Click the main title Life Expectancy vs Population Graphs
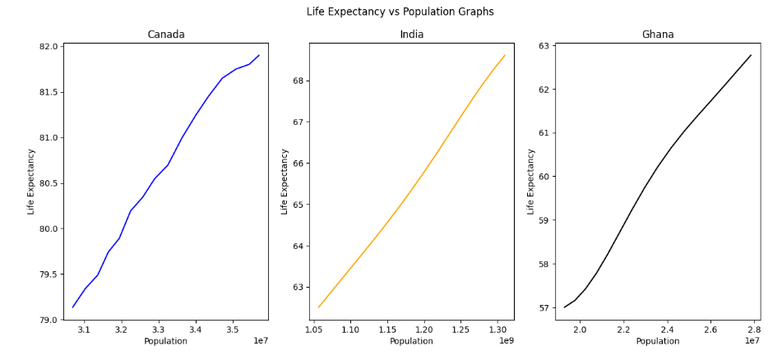click(400, 12)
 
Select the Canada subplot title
click(165, 35)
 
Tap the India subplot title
click(411, 35)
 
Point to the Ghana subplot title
click(657, 35)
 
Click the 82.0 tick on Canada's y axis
click(49, 47)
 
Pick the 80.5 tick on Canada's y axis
click(49, 183)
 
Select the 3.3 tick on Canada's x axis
click(158, 330)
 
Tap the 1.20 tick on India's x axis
click(423, 330)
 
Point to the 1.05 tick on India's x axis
click(313, 330)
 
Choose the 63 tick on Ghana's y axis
click(545, 46)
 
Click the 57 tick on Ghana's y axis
click(545, 308)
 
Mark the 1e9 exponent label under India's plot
click(506, 340)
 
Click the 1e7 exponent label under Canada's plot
click(260, 340)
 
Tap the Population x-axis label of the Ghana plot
click(657, 341)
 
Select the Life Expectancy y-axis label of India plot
click(285, 182)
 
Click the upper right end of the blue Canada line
click(259, 55)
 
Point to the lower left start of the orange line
click(319, 307)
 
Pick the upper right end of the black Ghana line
click(751, 55)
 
